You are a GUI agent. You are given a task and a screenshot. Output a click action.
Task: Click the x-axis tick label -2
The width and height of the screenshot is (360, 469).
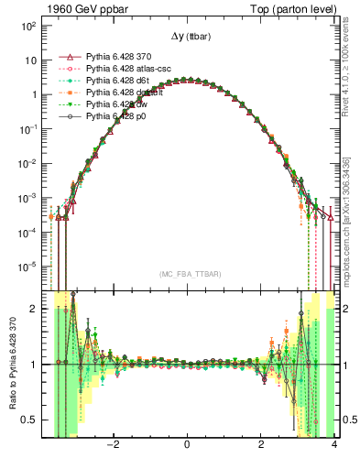pos(112,446)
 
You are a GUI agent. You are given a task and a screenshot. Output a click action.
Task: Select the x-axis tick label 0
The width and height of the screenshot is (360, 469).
pos(187,446)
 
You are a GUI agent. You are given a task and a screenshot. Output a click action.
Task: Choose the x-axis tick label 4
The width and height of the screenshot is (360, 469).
pos(334,446)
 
